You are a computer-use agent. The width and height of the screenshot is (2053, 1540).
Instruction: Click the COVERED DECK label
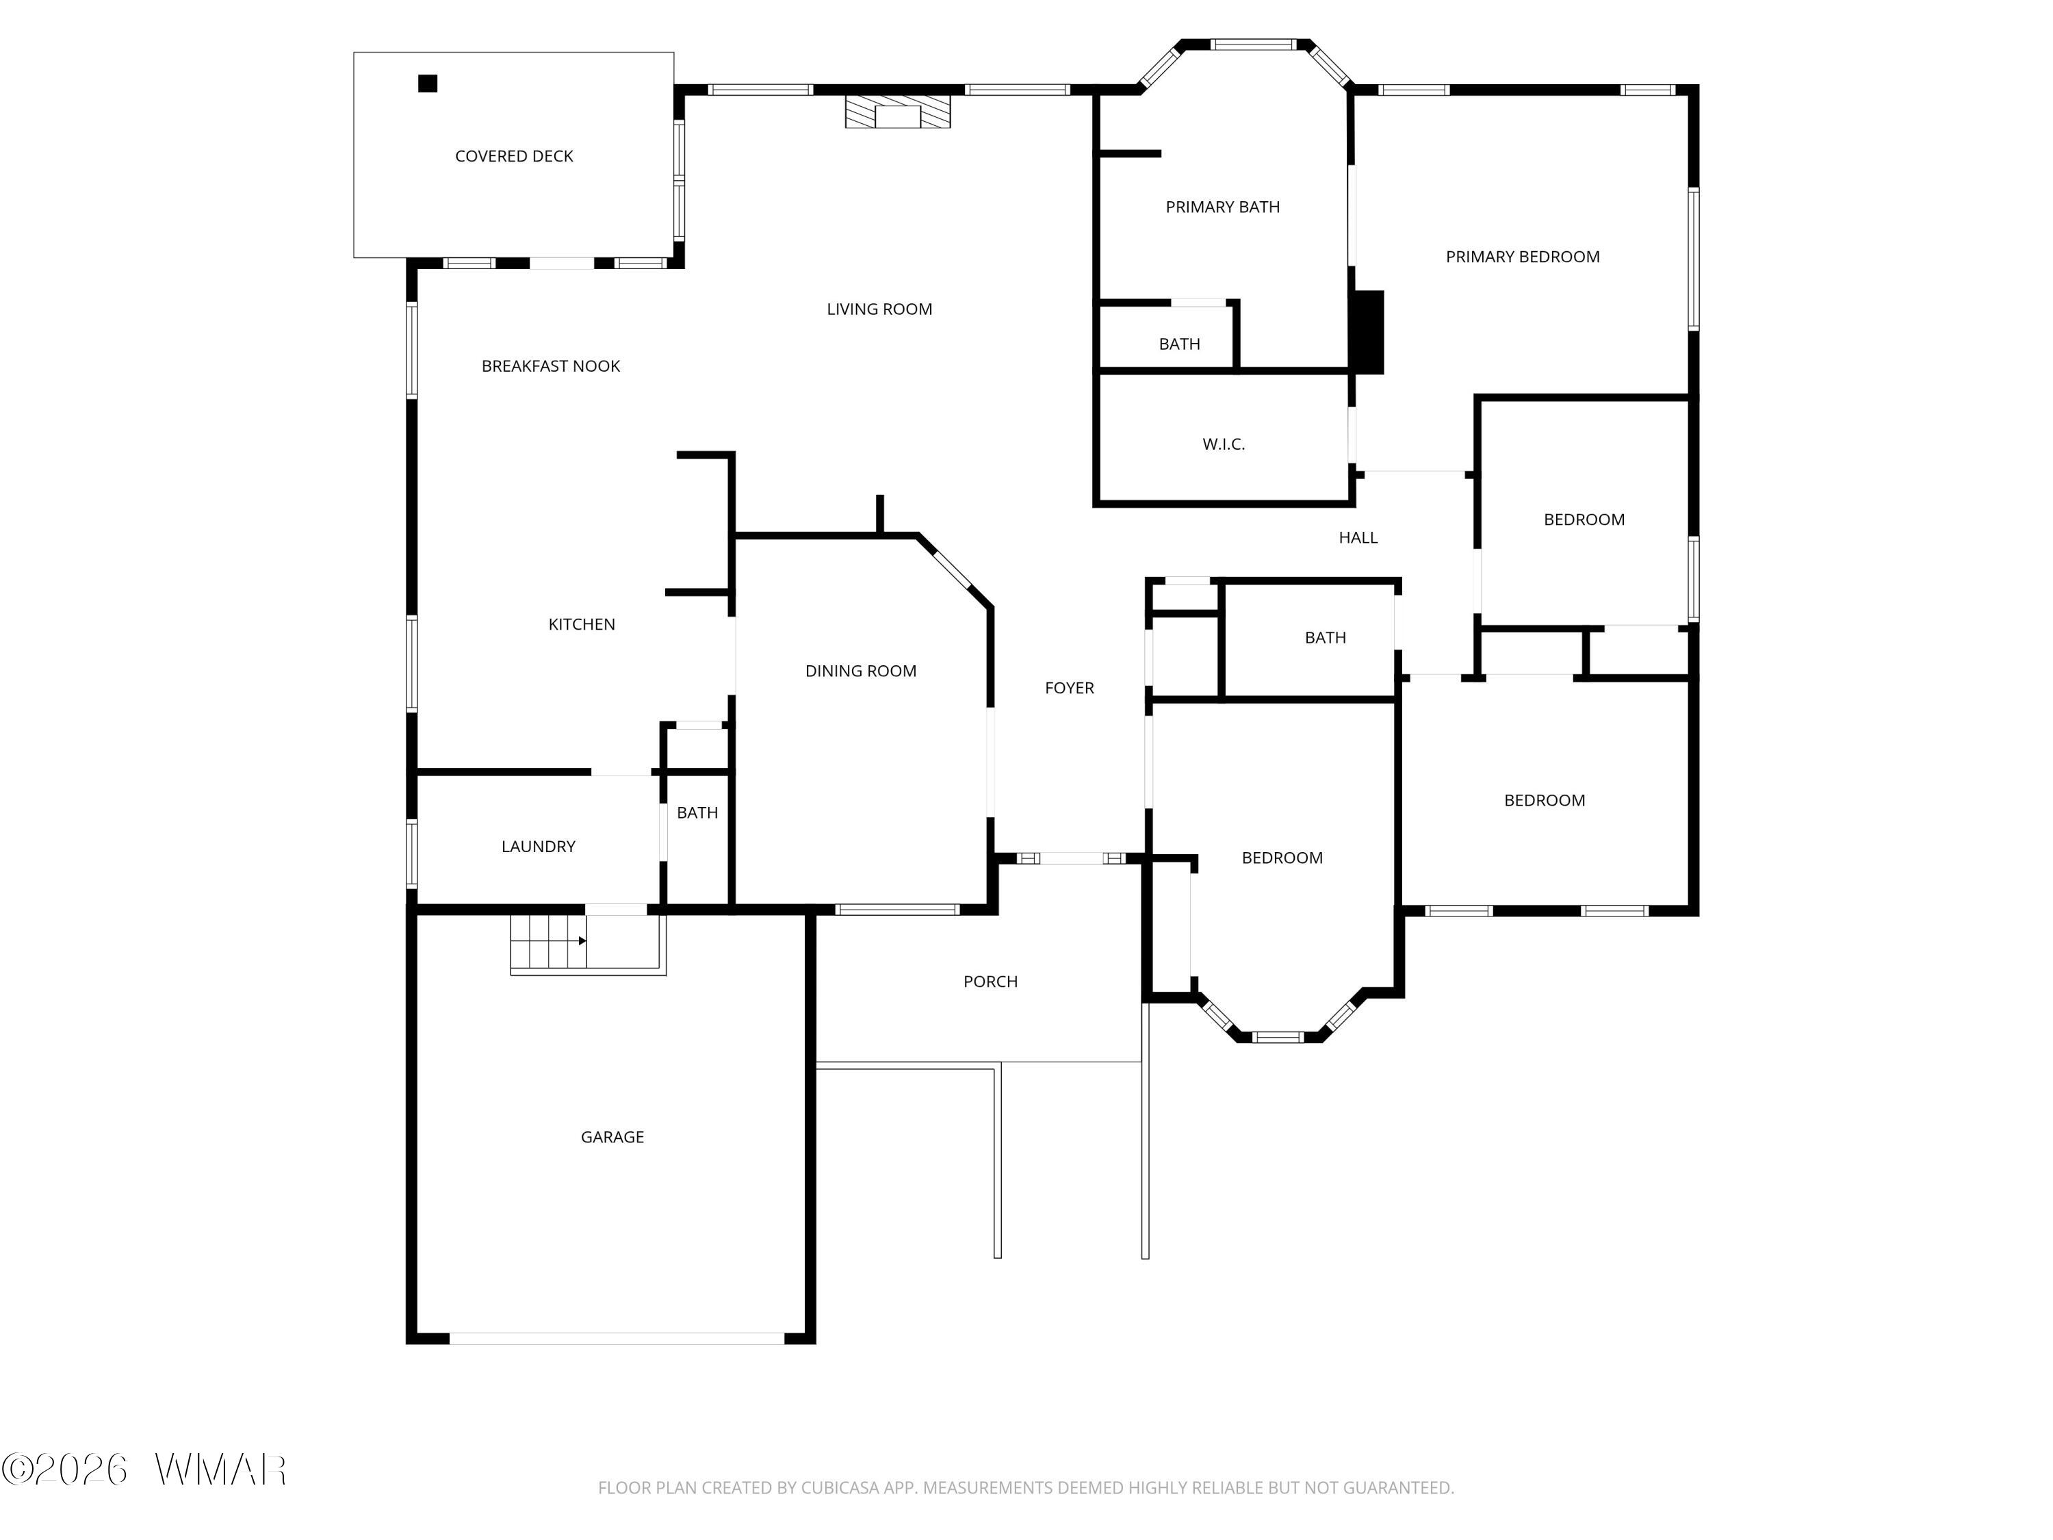[x=513, y=156]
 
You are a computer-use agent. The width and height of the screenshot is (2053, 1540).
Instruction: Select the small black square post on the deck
[x=427, y=84]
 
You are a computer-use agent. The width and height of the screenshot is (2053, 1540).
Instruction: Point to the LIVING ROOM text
[x=879, y=309]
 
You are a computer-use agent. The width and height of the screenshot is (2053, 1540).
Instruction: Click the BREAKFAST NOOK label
[x=550, y=365]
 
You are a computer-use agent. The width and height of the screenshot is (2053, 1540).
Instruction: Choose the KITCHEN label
[x=581, y=624]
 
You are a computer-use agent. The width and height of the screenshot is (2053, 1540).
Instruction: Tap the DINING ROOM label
[x=860, y=670]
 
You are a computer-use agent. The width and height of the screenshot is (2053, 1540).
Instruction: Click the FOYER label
[x=1069, y=688]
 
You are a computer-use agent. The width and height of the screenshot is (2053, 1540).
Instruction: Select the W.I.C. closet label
[x=1224, y=444]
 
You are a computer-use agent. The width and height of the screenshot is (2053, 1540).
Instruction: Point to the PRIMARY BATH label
[x=1222, y=207]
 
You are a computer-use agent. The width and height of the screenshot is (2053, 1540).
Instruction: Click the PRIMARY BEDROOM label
[x=1522, y=256]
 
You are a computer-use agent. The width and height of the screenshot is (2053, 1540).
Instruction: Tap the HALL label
[x=1358, y=537]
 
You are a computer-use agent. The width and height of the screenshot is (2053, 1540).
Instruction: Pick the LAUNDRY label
[x=539, y=847]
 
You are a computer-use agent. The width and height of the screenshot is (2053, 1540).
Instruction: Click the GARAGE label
[x=612, y=1137]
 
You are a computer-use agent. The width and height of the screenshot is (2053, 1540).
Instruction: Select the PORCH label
[x=990, y=981]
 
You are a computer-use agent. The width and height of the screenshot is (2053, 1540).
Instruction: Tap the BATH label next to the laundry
[x=697, y=813]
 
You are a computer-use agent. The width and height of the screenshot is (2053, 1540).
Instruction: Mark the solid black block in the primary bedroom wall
[x=1368, y=333]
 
